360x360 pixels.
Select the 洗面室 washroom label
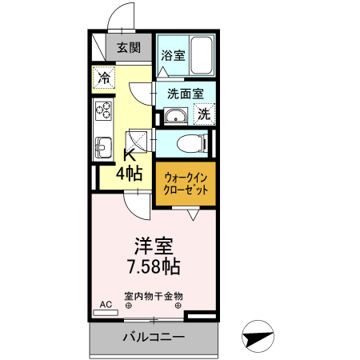[184, 93]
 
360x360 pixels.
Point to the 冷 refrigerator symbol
[104, 78]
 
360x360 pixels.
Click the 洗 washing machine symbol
[204, 114]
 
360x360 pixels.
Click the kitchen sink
[102, 146]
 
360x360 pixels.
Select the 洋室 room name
[154, 244]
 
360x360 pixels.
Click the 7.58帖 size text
[154, 266]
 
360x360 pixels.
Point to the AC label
[106, 305]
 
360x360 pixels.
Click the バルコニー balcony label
[154, 337]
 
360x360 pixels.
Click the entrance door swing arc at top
[120, 16]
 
